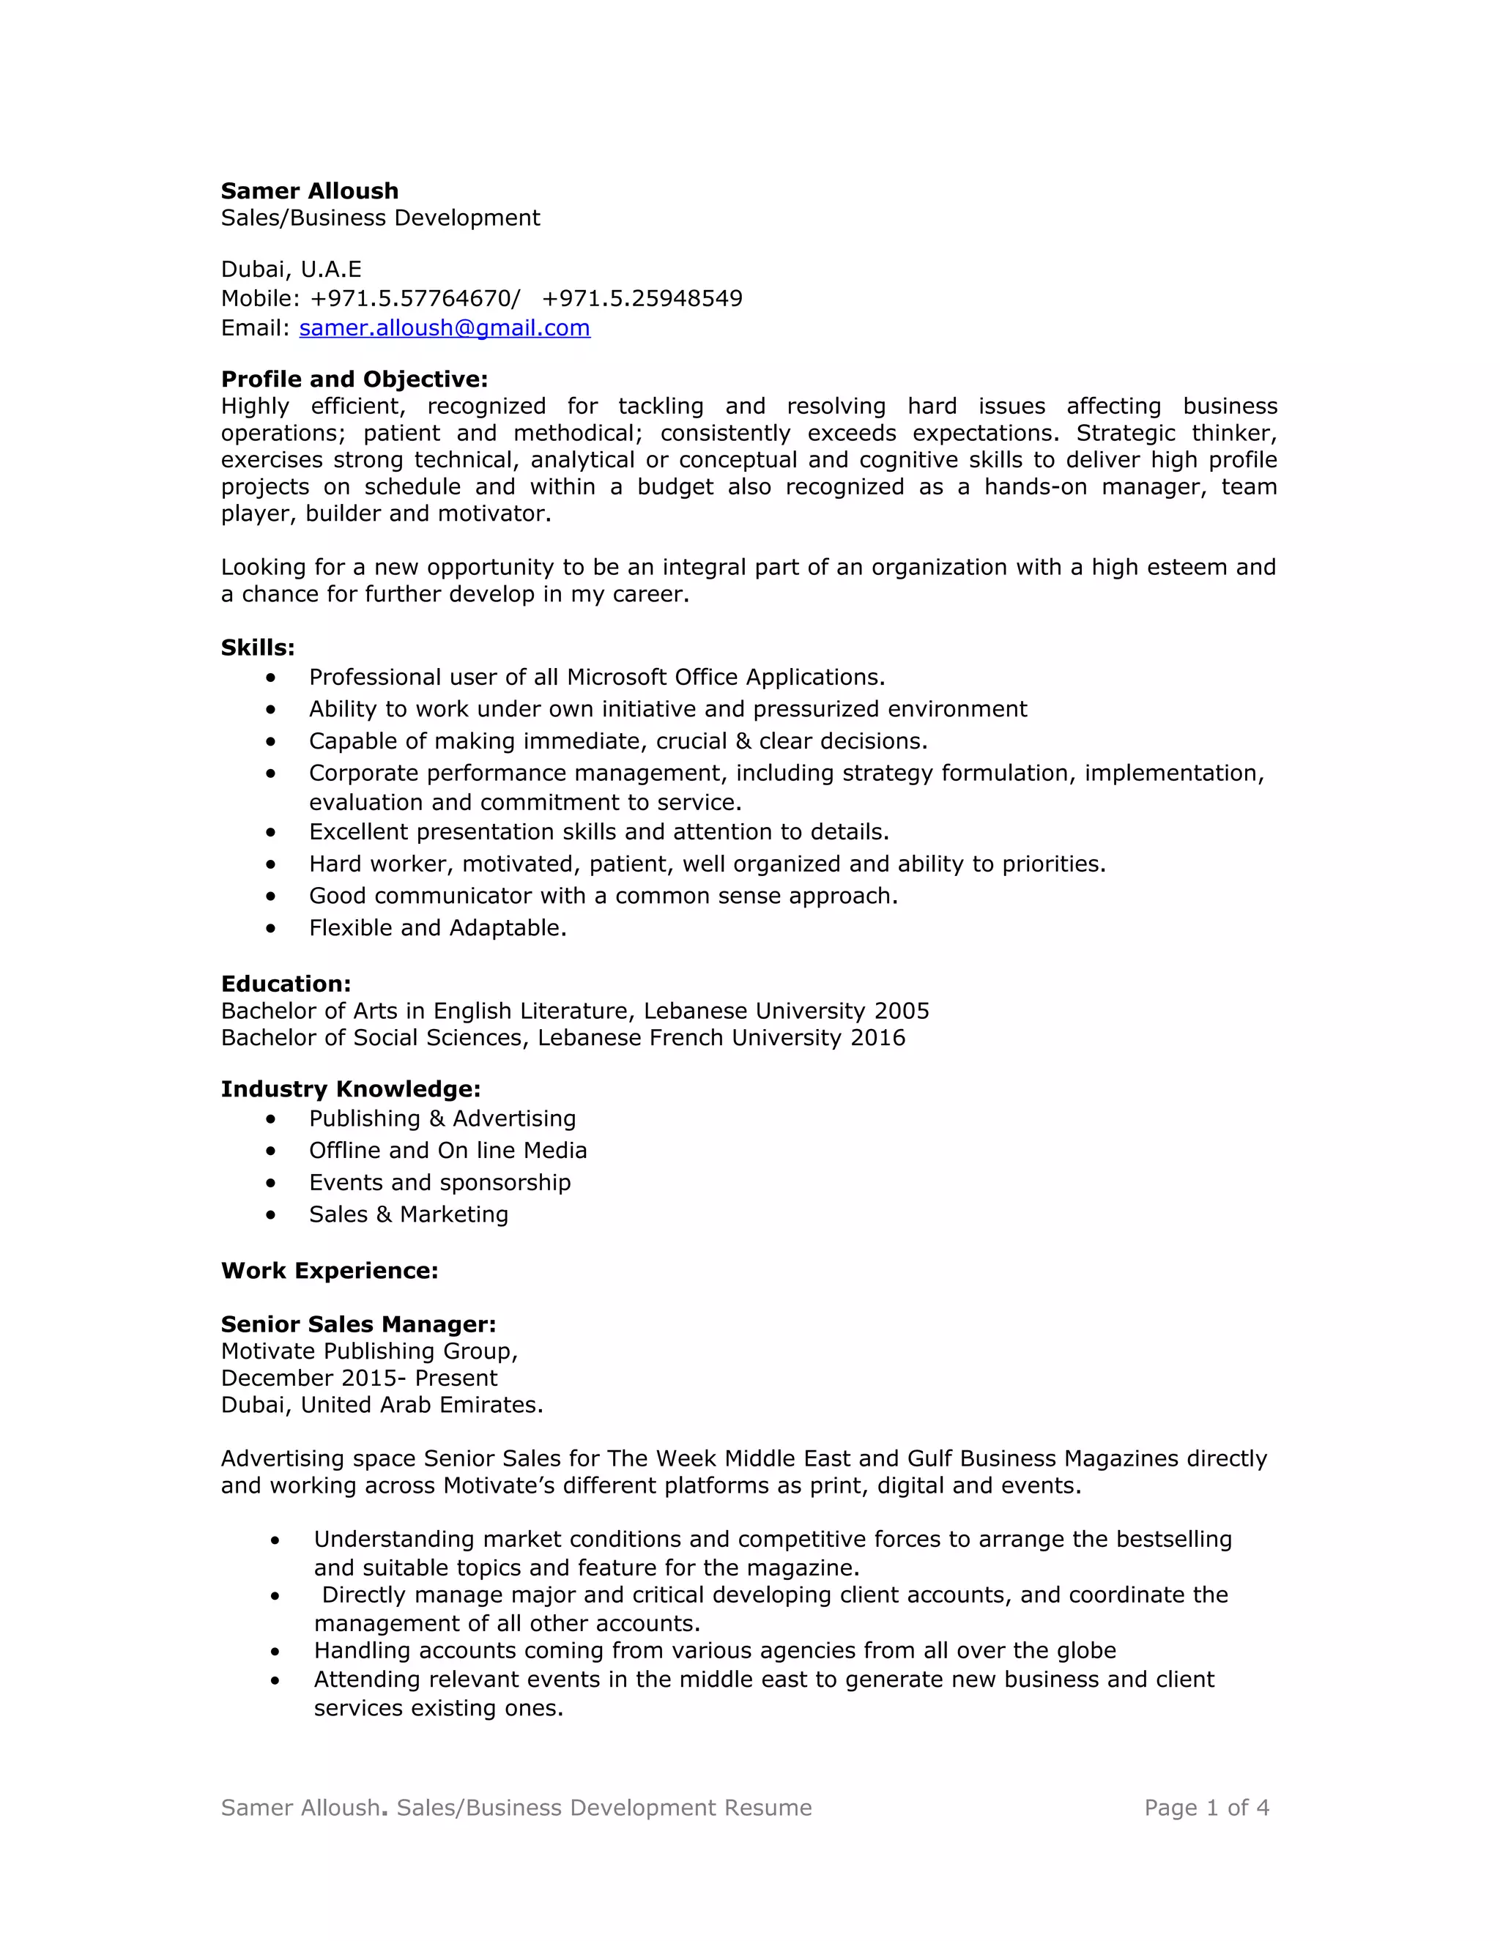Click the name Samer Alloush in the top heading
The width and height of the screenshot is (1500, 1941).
(309, 191)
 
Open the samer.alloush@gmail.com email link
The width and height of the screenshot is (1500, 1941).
(445, 328)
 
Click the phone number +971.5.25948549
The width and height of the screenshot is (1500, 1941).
(642, 299)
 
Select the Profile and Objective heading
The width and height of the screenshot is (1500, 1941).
(354, 379)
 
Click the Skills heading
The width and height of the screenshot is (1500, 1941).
(258, 648)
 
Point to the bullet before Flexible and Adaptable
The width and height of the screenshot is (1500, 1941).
(271, 929)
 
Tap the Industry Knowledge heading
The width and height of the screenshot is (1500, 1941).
(350, 1090)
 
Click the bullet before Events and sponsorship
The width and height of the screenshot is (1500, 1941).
(271, 1184)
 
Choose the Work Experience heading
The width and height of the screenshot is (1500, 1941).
(329, 1271)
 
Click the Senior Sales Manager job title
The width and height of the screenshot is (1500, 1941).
(358, 1324)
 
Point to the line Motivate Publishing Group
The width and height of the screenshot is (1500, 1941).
(369, 1352)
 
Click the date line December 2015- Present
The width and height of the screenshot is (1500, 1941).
(359, 1378)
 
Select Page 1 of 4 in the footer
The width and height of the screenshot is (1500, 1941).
(1206, 1808)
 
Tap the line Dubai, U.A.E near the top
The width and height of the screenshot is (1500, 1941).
(291, 270)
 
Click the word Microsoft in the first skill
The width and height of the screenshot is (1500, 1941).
(617, 678)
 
